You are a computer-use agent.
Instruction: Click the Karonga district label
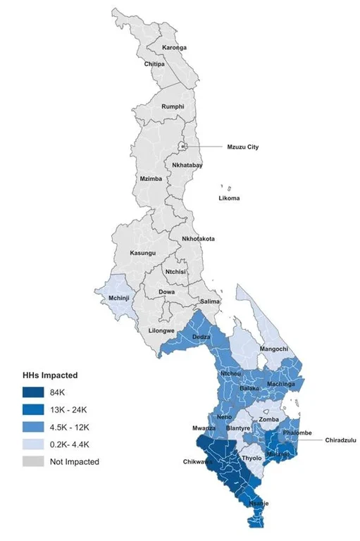coord(175,47)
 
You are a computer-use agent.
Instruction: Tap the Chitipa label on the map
coord(155,64)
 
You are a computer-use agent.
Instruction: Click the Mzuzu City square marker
coord(183,147)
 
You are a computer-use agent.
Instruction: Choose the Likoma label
coord(228,198)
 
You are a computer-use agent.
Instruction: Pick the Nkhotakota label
coord(199,239)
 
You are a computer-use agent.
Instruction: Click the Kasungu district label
coord(143,253)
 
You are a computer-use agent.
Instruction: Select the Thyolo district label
coord(252,458)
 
